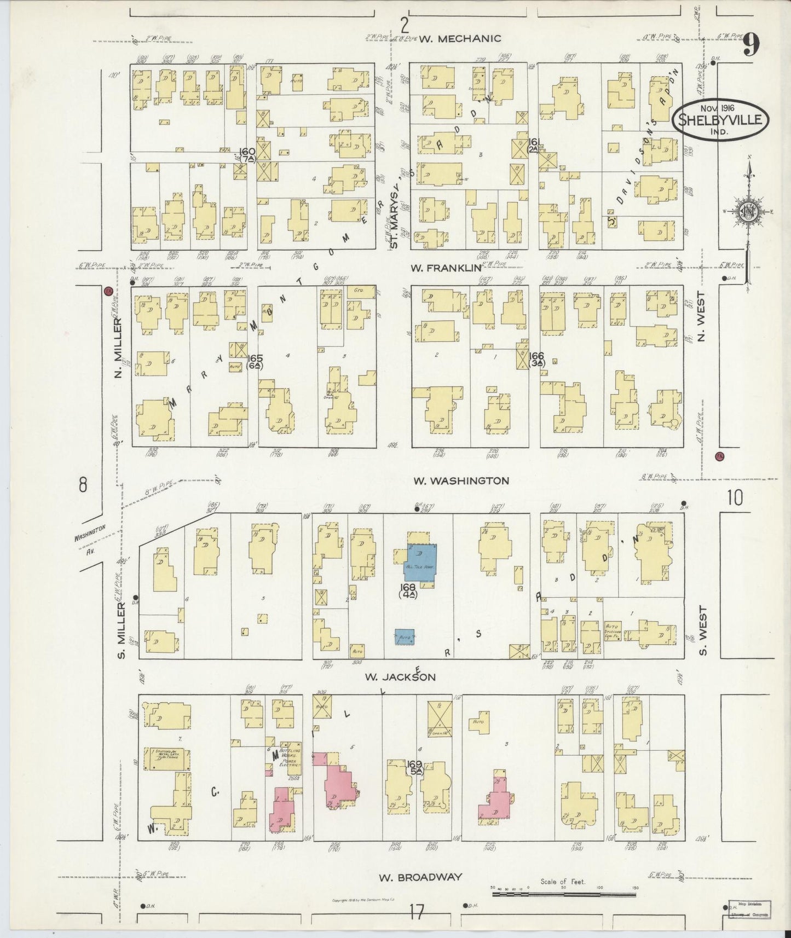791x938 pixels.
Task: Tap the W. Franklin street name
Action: tap(446, 268)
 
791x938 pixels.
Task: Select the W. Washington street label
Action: tap(461, 481)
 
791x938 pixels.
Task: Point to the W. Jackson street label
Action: tap(401, 677)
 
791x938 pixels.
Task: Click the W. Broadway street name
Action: tap(420, 877)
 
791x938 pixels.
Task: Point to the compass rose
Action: tap(747, 212)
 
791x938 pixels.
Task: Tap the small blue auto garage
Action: tap(405, 637)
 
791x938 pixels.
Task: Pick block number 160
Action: tap(248, 151)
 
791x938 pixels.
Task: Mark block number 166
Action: tap(537, 356)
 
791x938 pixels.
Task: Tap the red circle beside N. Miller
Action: tap(108, 292)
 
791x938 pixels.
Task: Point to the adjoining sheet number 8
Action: tap(83, 485)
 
